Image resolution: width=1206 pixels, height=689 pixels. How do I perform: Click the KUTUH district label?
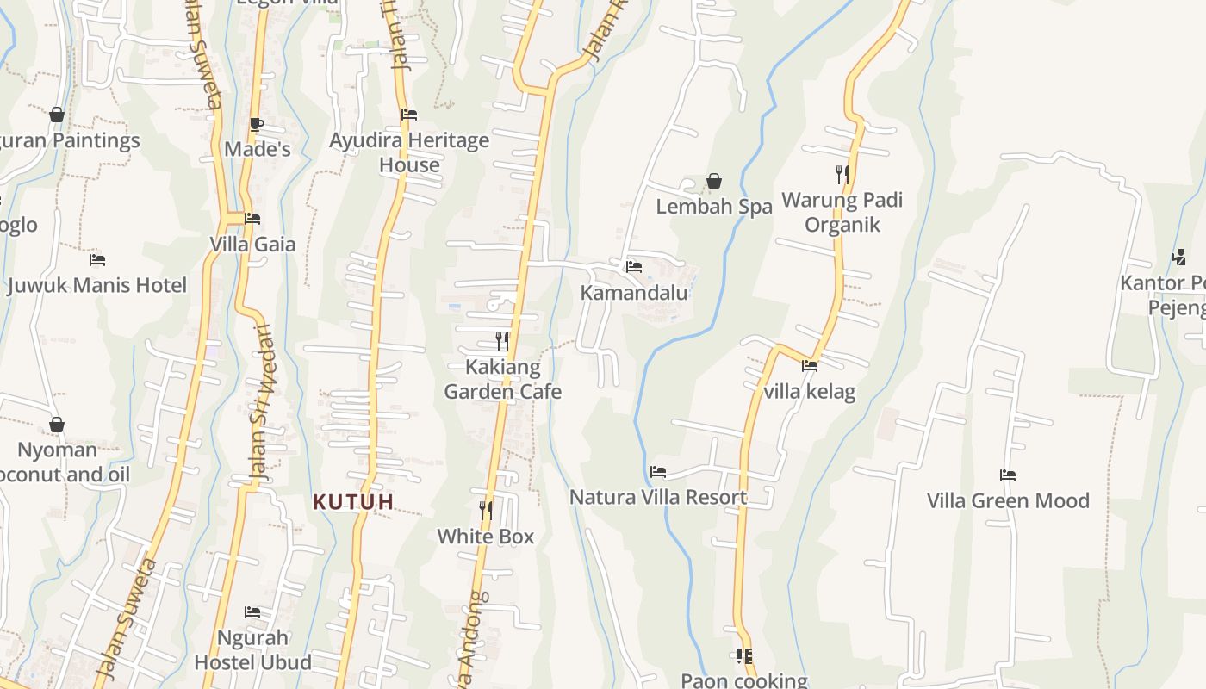353,501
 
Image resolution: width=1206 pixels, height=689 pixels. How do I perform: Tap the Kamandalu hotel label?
634,293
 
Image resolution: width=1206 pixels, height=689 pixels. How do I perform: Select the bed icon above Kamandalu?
634,266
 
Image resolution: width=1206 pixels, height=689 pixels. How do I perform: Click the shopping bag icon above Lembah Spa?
714,181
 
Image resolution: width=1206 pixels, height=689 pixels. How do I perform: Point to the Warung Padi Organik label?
842,213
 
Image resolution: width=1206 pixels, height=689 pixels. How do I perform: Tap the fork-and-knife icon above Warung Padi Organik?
842,175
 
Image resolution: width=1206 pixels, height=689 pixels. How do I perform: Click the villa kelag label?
810,392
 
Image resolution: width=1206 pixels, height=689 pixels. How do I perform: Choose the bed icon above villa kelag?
810,365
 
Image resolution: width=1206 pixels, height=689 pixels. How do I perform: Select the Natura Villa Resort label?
658,497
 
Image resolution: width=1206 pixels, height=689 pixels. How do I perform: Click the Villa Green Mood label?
1008,500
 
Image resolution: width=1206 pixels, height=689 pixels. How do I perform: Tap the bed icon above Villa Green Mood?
1008,475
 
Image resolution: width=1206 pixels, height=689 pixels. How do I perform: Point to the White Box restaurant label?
486,537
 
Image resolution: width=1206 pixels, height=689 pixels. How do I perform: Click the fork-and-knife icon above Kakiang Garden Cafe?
502,341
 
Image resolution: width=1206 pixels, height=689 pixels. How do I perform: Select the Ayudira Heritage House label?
409,152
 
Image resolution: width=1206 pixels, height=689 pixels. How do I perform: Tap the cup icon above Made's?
257,124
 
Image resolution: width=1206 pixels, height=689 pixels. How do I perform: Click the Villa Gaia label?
252,245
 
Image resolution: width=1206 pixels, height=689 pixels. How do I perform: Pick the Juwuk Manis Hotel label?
96,285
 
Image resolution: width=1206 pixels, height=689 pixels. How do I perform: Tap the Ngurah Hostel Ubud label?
252,650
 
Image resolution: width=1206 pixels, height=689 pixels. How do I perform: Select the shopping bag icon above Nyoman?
57,425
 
